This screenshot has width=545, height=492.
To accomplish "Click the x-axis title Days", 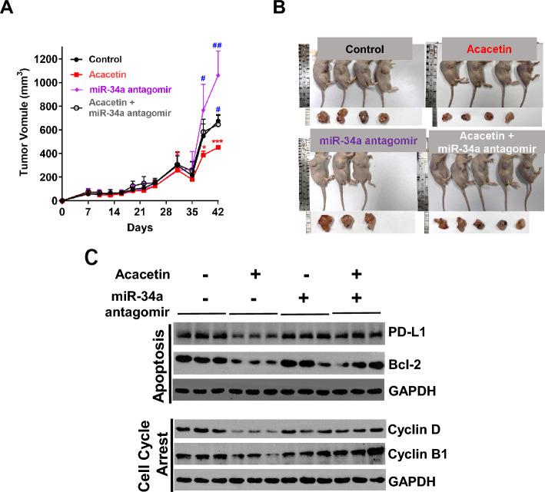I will tap(139, 228).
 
